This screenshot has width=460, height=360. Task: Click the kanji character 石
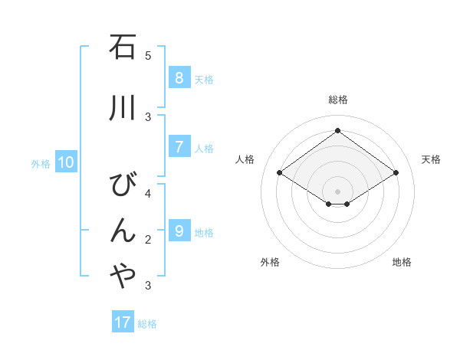point(123,48)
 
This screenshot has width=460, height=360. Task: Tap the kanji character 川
point(123,108)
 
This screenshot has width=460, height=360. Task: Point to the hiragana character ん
point(123,230)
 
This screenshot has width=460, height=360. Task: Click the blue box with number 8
point(179,77)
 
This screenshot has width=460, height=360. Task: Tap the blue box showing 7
point(179,147)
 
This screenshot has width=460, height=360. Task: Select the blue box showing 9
point(179,231)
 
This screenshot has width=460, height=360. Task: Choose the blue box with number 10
point(66,162)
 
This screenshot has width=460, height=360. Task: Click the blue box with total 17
point(123,322)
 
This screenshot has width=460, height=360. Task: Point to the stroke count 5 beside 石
point(148,56)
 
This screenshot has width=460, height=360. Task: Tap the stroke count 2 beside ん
point(148,240)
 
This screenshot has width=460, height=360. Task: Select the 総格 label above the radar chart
point(338,100)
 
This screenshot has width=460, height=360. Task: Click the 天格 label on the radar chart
point(431,159)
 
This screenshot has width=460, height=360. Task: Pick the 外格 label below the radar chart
point(270,262)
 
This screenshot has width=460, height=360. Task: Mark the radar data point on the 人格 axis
point(280,173)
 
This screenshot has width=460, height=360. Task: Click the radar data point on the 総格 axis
point(337,130)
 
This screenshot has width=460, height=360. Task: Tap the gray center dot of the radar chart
point(337,191)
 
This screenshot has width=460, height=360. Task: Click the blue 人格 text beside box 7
point(204,149)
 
